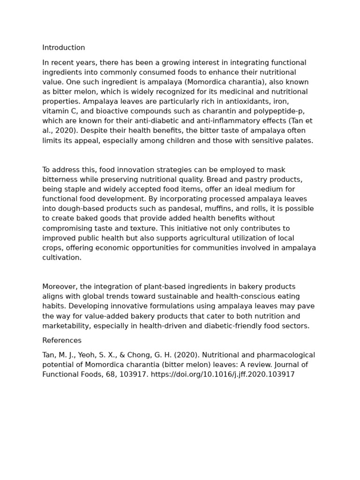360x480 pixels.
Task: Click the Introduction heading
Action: pyautogui.click(x=64, y=48)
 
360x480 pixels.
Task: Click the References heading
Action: pyautogui.click(x=62, y=341)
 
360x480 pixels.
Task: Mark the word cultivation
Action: pyautogui.click(x=62, y=258)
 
